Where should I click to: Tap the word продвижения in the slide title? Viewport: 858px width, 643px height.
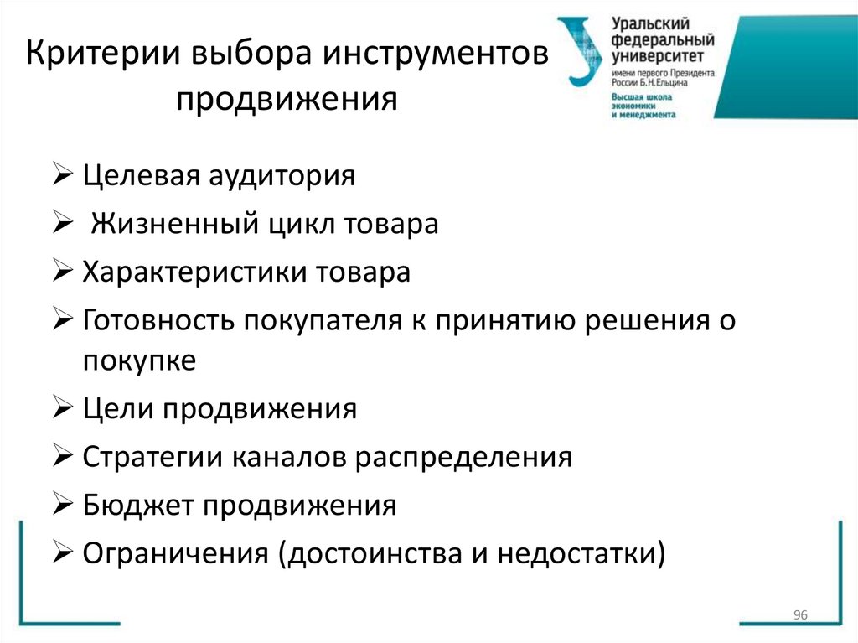(286, 100)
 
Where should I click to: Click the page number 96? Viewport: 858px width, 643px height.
(799, 616)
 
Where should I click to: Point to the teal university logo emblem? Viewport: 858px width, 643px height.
(581, 50)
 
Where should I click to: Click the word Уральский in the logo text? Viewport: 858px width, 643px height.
(643, 25)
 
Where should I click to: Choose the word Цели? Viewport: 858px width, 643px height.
(115, 409)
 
